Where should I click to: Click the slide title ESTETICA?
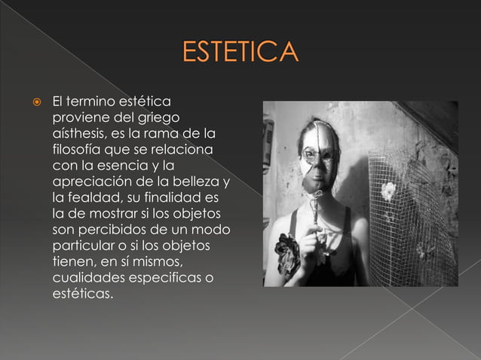(x=240, y=54)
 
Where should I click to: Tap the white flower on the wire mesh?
(x=388, y=191)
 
